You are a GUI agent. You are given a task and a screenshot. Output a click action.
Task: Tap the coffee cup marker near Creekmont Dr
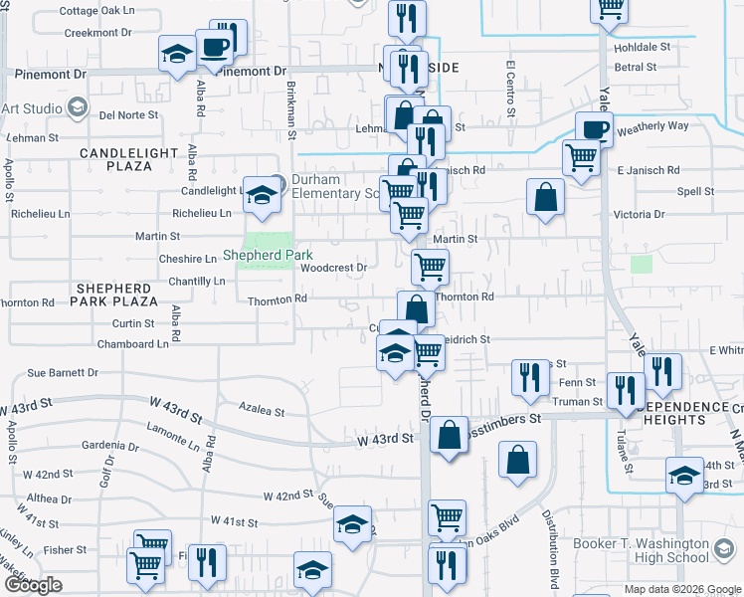click(x=215, y=46)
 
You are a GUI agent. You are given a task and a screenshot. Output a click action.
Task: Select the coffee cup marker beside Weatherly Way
click(x=595, y=128)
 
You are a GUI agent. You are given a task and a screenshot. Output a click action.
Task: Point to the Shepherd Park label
click(x=268, y=256)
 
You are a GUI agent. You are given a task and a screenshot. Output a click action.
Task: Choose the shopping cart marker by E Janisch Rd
click(x=580, y=156)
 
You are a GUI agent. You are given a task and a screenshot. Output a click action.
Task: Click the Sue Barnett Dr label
click(x=63, y=373)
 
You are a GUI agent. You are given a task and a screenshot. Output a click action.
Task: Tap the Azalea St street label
click(x=263, y=411)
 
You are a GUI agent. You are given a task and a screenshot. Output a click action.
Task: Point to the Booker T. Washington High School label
click(x=654, y=551)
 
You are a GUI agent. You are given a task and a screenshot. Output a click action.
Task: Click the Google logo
click(x=33, y=585)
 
